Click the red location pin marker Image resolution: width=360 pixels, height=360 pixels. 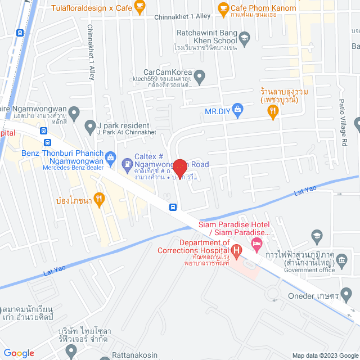179,167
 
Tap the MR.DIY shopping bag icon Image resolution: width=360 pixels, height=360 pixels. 237,108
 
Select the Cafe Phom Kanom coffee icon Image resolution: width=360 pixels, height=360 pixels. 223,8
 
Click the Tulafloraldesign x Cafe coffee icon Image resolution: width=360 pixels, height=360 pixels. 139,8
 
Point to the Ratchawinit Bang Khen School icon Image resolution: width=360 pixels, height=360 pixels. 244,39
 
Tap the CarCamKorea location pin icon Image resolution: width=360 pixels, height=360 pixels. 200,75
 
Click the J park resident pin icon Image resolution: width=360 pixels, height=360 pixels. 89,125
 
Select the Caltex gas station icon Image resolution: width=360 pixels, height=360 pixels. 127,164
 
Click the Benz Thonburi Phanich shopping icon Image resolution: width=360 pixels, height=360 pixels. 110,156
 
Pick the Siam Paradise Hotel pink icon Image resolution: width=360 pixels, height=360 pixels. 257,244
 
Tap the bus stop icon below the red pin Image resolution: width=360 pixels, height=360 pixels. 173,206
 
